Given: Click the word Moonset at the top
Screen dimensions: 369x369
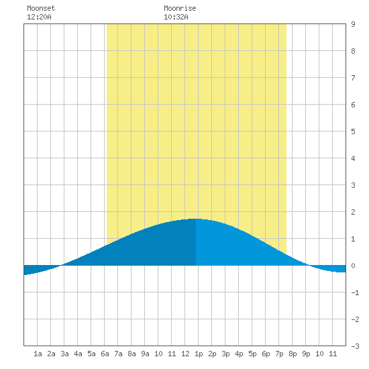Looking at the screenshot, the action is tap(41, 8).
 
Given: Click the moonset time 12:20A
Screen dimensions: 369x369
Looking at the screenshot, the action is tap(39, 17).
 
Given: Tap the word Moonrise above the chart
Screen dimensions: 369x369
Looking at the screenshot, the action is tap(180, 8).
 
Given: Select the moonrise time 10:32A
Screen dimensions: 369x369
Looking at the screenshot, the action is tap(176, 17).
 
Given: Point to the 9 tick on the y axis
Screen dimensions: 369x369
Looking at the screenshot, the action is tap(353, 24).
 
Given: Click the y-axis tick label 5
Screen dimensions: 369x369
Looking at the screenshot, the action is tap(353, 131).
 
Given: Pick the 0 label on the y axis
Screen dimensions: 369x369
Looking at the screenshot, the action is tap(353, 266).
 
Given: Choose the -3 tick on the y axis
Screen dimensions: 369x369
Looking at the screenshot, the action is tap(355, 346).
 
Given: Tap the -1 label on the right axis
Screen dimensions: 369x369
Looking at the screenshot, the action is tap(355, 293).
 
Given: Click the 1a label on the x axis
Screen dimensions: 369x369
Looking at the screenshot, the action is tap(38, 354).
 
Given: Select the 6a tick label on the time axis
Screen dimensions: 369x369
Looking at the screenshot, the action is tap(105, 354).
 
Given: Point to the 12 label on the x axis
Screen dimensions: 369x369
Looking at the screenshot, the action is tap(185, 354).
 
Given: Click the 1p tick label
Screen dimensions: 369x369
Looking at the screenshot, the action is tap(199, 354).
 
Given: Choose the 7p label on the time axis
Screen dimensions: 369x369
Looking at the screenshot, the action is tap(279, 354).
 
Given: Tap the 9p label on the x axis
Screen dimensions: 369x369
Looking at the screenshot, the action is tap(306, 354).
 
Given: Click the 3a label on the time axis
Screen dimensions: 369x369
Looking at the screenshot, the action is tap(64, 354).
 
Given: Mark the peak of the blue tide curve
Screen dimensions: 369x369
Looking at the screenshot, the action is tap(196, 219).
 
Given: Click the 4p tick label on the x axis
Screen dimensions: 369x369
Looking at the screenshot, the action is tap(239, 354).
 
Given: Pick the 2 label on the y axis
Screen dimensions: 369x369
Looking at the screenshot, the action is tap(353, 212).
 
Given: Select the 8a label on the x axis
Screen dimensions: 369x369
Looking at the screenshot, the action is tap(131, 354).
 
